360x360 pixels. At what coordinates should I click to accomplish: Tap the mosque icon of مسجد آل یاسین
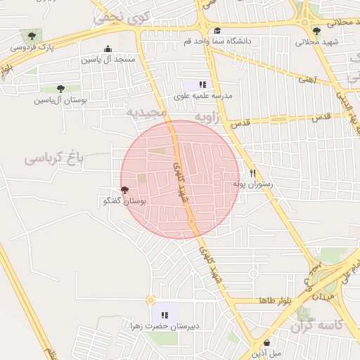(108, 49)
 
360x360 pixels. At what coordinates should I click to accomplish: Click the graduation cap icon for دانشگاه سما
(218, 31)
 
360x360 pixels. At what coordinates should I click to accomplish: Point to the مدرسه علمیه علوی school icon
(202, 84)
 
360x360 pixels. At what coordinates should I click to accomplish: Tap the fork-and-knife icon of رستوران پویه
(252, 172)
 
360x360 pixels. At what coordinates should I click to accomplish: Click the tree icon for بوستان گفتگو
(125, 190)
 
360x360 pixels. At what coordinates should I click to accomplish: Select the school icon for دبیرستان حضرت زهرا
(165, 315)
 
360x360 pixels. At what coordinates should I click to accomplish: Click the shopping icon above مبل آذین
(266, 342)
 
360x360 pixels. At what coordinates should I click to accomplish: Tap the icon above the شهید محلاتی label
(316, 31)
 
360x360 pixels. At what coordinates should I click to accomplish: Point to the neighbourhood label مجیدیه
(147, 112)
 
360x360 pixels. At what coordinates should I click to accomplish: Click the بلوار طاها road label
(274, 300)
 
